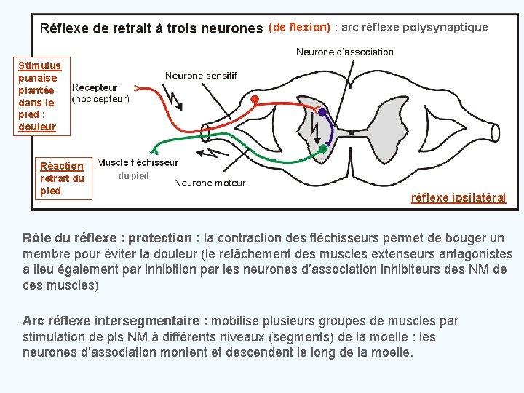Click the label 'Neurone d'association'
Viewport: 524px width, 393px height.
344,52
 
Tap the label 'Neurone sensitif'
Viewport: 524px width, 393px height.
201,75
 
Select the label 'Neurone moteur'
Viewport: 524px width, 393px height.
210,183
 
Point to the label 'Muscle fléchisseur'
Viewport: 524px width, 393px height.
138,162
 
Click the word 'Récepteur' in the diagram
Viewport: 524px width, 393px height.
95,88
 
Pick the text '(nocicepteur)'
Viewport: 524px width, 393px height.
100,99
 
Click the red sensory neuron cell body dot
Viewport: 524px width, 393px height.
255,98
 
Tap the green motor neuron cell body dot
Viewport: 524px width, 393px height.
323,148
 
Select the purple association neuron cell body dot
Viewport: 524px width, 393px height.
322,113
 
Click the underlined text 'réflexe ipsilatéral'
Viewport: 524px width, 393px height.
458,197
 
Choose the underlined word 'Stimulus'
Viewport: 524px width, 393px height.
39,65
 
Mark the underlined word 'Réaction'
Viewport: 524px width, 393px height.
62,166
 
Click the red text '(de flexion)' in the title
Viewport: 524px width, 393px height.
299,28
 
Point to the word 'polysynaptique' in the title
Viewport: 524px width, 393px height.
448,28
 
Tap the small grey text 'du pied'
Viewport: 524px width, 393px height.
133,175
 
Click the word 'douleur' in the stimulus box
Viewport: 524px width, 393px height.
37,127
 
